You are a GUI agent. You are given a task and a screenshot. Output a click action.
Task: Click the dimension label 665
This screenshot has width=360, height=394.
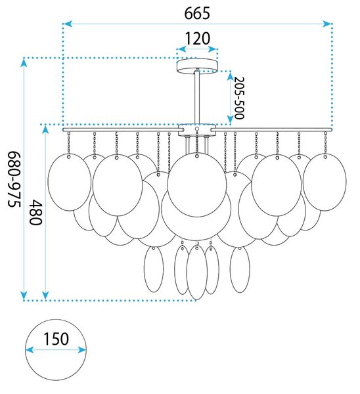pyautogui.click(x=197, y=13)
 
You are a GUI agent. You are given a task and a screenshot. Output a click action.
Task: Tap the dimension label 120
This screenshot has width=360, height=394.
pyautogui.click(x=197, y=39)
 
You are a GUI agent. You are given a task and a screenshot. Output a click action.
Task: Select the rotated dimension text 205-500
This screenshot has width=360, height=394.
pyautogui.click(x=239, y=98)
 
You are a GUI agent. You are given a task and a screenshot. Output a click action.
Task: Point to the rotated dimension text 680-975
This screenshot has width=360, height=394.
pyautogui.click(x=14, y=179)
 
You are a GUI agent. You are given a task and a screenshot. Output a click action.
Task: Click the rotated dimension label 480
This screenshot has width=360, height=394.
pyautogui.click(x=35, y=212)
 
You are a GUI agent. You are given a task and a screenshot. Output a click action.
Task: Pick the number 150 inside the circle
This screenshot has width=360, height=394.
pyautogui.click(x=56, y=339)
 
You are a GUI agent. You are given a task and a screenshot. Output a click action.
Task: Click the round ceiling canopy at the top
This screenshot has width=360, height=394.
pyautogui.click(x=197, y=66)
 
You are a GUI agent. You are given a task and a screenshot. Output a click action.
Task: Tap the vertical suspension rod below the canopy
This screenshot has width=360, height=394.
pyautogui.click(x=197, y=97)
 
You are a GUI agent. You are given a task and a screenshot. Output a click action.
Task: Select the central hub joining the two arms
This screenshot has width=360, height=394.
pyautogui.click(x=197, y=129)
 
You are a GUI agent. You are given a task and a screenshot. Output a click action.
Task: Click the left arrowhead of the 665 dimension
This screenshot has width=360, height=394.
pyautogui.click(x=68, y=24)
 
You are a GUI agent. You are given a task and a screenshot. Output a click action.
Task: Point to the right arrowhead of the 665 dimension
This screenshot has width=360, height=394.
pyautogui.click(x=327, y=24)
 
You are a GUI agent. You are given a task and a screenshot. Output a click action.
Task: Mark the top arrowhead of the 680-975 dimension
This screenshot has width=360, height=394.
pyautogui.click(x=24, y=63)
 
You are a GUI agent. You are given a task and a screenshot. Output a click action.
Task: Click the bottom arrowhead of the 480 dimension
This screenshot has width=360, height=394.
pyautogui.click(x=45, y=295)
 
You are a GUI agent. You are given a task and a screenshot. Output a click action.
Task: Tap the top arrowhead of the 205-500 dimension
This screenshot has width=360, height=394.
pyautogui.click(x=231, y=76)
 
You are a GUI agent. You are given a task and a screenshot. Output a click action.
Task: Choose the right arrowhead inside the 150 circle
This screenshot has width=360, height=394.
pyautogui.click(x=81, y=350)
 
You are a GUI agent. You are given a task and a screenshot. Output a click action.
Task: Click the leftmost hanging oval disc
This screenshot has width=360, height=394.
pyautogui.click(x=70, y=182)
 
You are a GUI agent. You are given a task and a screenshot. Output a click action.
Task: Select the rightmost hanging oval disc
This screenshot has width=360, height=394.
pyautogui.click(x=325, y=182)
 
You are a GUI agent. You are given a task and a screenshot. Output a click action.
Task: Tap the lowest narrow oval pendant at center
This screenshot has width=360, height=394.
pyautogui.click(x=197, y=273)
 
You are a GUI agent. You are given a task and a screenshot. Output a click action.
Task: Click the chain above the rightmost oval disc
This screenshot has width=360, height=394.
pyautogui.click(x=326, y=143)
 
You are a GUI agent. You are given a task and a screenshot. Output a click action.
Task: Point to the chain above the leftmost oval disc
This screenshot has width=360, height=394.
pyautogui.click(x=68, y=143)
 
